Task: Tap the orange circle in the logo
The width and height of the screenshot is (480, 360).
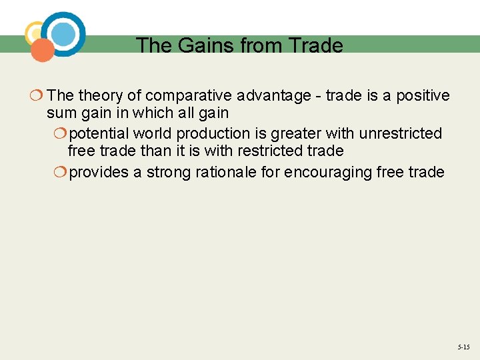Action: (43, 50)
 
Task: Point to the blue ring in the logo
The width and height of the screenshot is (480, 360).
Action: (64, 33)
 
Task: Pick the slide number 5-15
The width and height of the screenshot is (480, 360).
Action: (463, 347)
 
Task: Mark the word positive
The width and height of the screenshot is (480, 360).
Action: (423, 96)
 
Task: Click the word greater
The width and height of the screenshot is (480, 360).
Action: (295, 134)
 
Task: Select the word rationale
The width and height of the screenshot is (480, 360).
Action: (247, 172)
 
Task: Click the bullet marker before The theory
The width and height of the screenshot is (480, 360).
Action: (37, 96)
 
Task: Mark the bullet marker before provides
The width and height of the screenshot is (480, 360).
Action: (60, 172)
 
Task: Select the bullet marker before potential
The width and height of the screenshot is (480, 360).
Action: (60, 134)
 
